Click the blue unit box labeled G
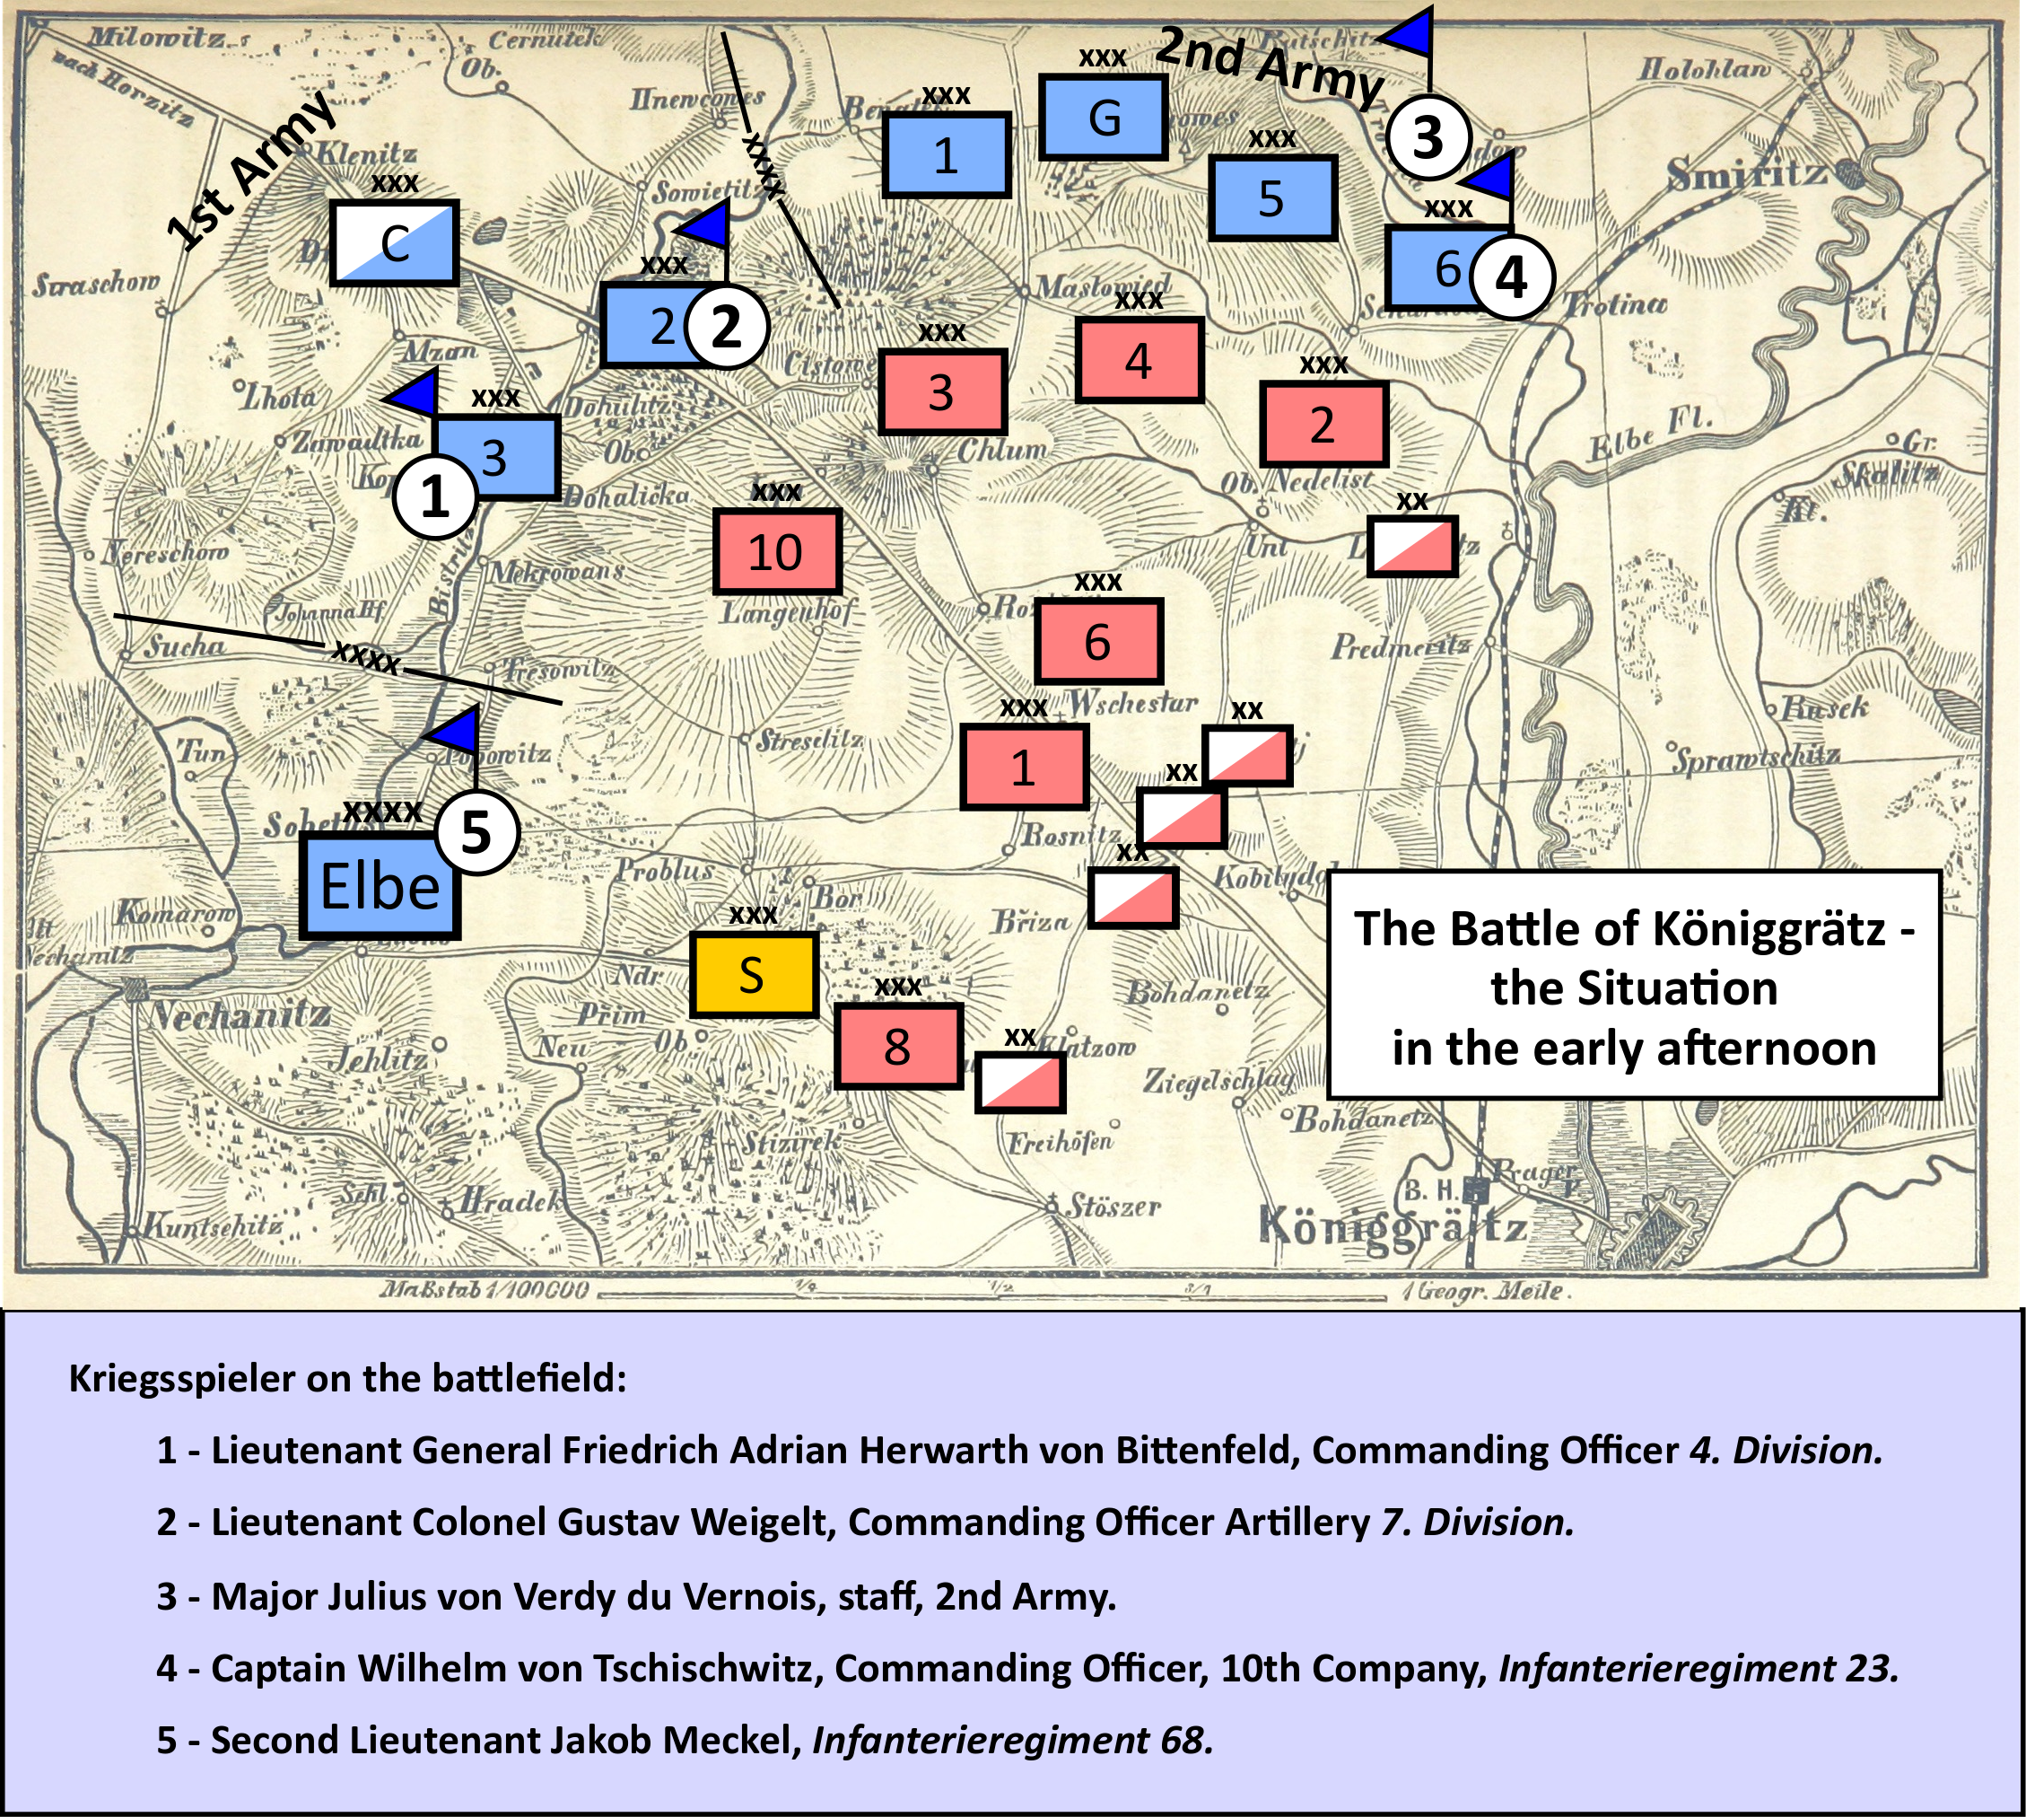1103,117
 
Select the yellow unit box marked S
754,974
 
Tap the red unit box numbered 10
776,551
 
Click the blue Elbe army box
380,885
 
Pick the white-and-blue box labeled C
394,242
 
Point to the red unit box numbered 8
897,1045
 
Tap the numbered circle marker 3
1428,136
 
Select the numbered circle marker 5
476,831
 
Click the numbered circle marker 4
1511,276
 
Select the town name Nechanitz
240,1016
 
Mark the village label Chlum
1002,451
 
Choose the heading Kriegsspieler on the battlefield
347,1378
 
